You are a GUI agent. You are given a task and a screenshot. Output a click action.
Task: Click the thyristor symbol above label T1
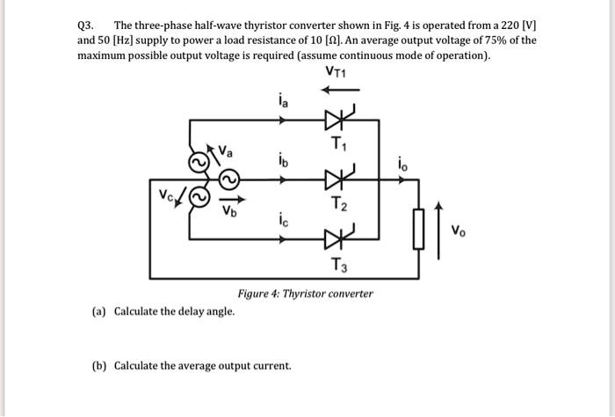[338, 117]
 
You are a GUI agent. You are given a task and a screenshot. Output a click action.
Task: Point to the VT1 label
[337, 72]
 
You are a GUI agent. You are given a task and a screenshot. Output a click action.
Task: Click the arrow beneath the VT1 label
[341, 89]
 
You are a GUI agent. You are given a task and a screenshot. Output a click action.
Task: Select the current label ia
[282, 101]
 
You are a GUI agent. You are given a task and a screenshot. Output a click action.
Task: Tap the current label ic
[282, 223]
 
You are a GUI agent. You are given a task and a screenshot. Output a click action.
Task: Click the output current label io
[402, 164]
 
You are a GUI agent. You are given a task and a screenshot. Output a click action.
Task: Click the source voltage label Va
[226, 151]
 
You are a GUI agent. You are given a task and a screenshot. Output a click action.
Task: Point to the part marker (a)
[100, 311]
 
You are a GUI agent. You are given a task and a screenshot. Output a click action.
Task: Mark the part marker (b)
[100, 365]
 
